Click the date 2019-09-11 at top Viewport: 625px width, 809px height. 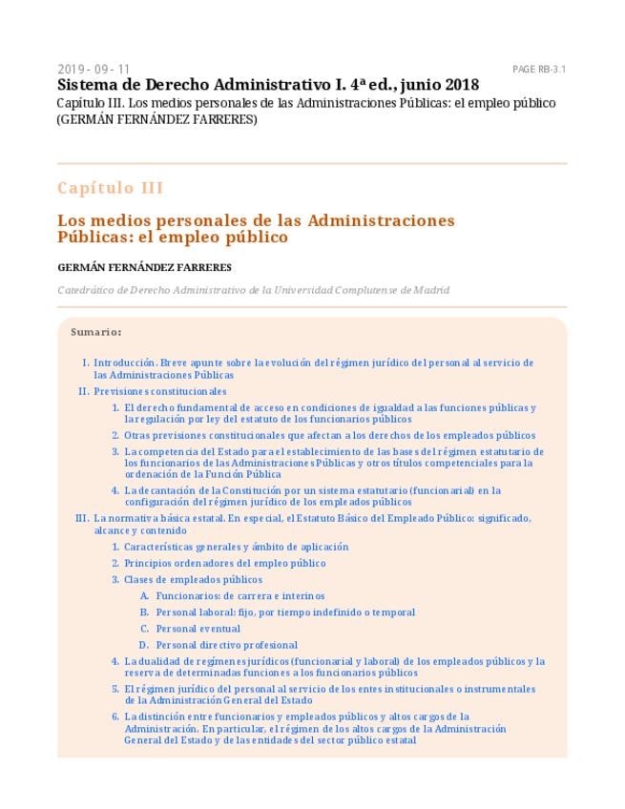[x=94, y=70]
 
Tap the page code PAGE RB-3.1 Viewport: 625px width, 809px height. [x=539, y=70]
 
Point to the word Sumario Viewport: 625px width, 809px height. [x=95, y=332]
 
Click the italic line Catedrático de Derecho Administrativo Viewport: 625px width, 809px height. [x=253, y=290]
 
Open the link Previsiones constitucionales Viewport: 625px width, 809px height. [x=159, y=391]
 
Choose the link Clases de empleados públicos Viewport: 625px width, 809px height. [x=193, y=579]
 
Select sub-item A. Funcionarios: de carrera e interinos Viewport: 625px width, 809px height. [x=240, y=596]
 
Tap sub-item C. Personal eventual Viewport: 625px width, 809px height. [x=198, y=629]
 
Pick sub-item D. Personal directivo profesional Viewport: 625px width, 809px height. [x=226, y=645]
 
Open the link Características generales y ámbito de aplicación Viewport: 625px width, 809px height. [x=236, y=547]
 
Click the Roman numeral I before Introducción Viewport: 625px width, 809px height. [x=85, y=363]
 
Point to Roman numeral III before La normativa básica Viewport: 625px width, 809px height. [x=81, y=518]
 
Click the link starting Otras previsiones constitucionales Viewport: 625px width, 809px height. [x=329, y=435]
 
